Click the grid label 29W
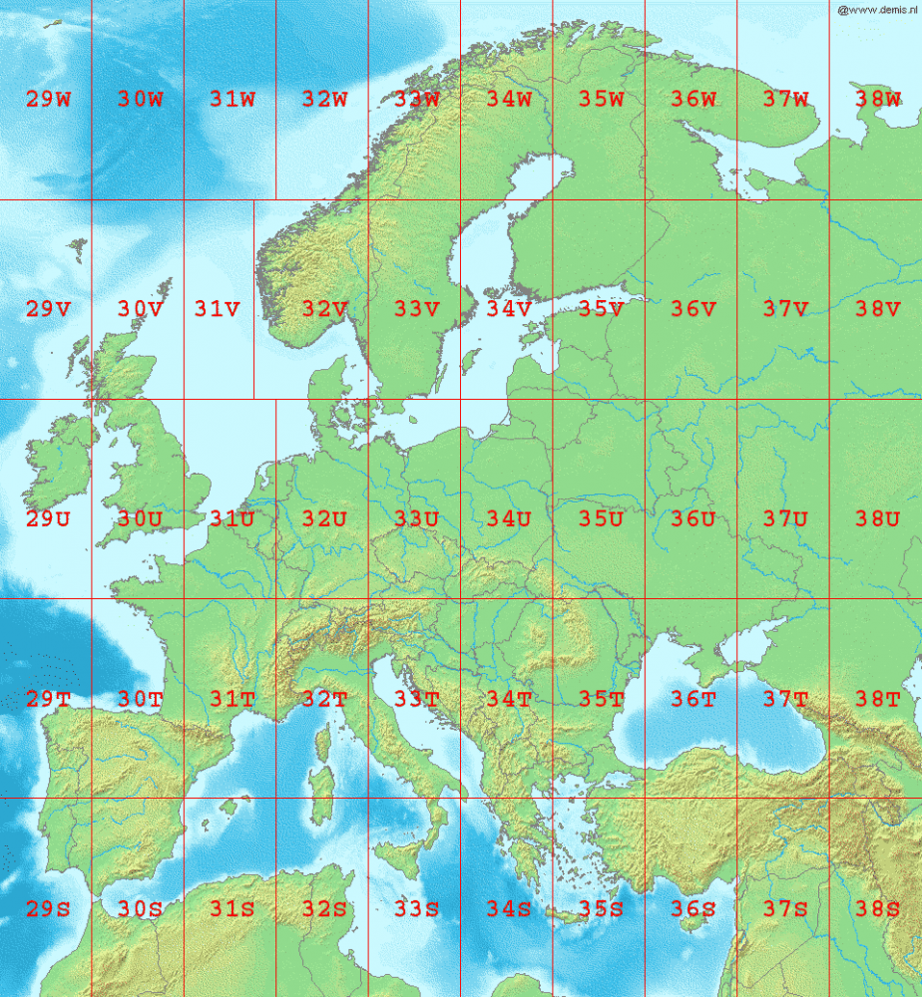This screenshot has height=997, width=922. pos(48,99)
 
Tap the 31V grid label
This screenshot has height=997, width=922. pos(217,309)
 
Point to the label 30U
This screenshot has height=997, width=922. pos(140,518)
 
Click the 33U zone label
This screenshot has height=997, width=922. pos(416,518)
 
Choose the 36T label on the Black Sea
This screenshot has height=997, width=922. pos(692,699)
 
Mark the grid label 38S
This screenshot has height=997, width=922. pos(877,908)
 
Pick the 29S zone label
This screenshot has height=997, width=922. pos(48,908)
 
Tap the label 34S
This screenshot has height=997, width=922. pos(509,908)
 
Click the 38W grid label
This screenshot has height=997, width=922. pos(877,99)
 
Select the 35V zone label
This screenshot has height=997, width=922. pos(601,309)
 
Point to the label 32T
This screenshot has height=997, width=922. pos(323,699)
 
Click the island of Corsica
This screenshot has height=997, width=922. pos(323,740)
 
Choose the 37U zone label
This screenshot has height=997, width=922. pos(785,518)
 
